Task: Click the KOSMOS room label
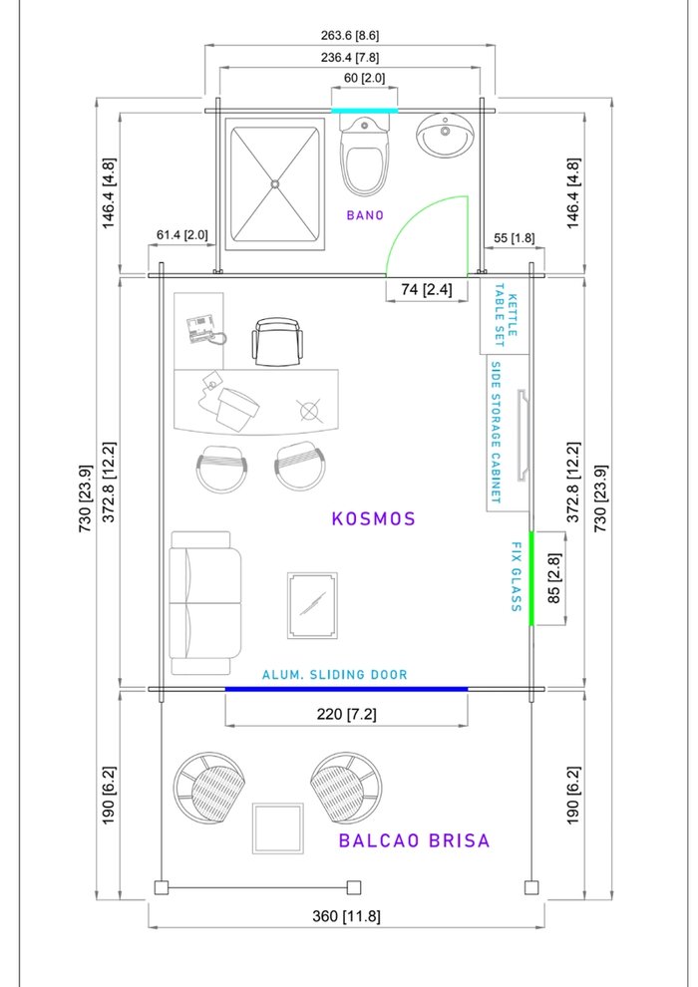coord(373,518)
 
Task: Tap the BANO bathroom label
coord(365,214)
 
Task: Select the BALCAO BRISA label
coord(414,840)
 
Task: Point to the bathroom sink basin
coord(444,137)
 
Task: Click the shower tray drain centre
coord(275,182)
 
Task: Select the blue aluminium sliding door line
coord(346,689)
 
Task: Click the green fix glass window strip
coord(531,578)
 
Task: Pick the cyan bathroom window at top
coord(364,110)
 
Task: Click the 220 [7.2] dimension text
coord(346,714)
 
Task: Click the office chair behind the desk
coord(275,342)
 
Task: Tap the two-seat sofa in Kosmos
coord(205,603)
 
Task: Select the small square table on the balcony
coord(278,826)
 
